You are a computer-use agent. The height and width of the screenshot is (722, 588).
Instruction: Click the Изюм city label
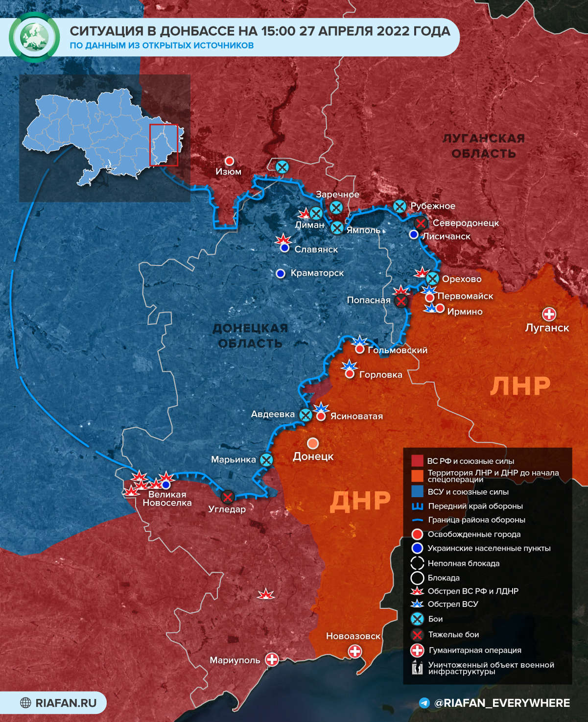pos(228,171)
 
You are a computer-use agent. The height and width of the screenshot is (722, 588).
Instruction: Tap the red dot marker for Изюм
pos(229,161)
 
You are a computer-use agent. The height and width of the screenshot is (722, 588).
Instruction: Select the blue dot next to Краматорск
pos(281,273)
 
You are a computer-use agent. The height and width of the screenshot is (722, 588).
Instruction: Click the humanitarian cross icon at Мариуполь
pos(272,659)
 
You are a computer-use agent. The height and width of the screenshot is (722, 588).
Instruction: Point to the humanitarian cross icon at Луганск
pos(549,314)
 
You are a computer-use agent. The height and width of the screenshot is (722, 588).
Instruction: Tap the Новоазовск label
pos(353,636)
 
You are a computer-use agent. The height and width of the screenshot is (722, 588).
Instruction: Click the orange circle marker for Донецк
pos(313,443)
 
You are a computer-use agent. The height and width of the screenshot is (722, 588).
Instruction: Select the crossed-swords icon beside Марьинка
pos(266,459)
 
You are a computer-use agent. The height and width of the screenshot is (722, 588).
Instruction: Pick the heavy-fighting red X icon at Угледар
pos(228,497)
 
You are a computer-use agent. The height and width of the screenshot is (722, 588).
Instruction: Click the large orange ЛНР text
pos(520,386)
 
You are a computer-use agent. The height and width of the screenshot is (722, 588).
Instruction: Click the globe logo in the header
pos(34,37)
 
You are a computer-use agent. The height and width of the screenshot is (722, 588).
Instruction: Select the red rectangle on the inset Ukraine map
pos(164,145)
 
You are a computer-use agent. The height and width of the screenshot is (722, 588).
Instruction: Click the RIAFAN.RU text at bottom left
pos(66,703)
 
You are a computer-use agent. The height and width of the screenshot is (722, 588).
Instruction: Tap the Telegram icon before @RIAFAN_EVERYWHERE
pos(425,703)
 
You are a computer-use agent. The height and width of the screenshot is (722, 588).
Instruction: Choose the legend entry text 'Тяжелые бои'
pos(453,634)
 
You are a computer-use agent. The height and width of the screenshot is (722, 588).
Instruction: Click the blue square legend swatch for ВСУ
pos(417,491)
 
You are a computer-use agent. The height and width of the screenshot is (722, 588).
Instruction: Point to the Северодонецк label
pos(466,223)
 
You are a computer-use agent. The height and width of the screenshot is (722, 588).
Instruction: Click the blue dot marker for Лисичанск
pos(414,235)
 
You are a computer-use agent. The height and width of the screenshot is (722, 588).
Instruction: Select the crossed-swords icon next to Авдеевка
pos(306,415)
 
